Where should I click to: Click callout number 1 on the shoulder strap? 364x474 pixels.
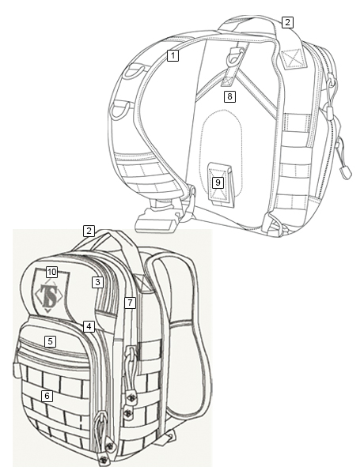tap(173, 55)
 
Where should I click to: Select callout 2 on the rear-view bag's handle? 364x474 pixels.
tap(287, 22)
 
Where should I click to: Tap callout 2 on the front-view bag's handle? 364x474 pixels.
tap(89, 231)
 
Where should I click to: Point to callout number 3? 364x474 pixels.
tap(97, 282)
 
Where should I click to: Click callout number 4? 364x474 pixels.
tap(89, 326)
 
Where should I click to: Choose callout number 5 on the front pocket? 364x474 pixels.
tap(51, 341)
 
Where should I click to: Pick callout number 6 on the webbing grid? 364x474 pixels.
tap(47, 396)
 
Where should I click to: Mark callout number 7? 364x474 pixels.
tap(130, 303)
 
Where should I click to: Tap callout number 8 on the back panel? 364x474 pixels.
tap(229, 96)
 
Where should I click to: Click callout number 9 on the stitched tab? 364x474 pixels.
tap(218, 182)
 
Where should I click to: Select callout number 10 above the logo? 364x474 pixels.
tap(51, 272)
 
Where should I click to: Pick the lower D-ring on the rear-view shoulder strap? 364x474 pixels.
tap(121, 110)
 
